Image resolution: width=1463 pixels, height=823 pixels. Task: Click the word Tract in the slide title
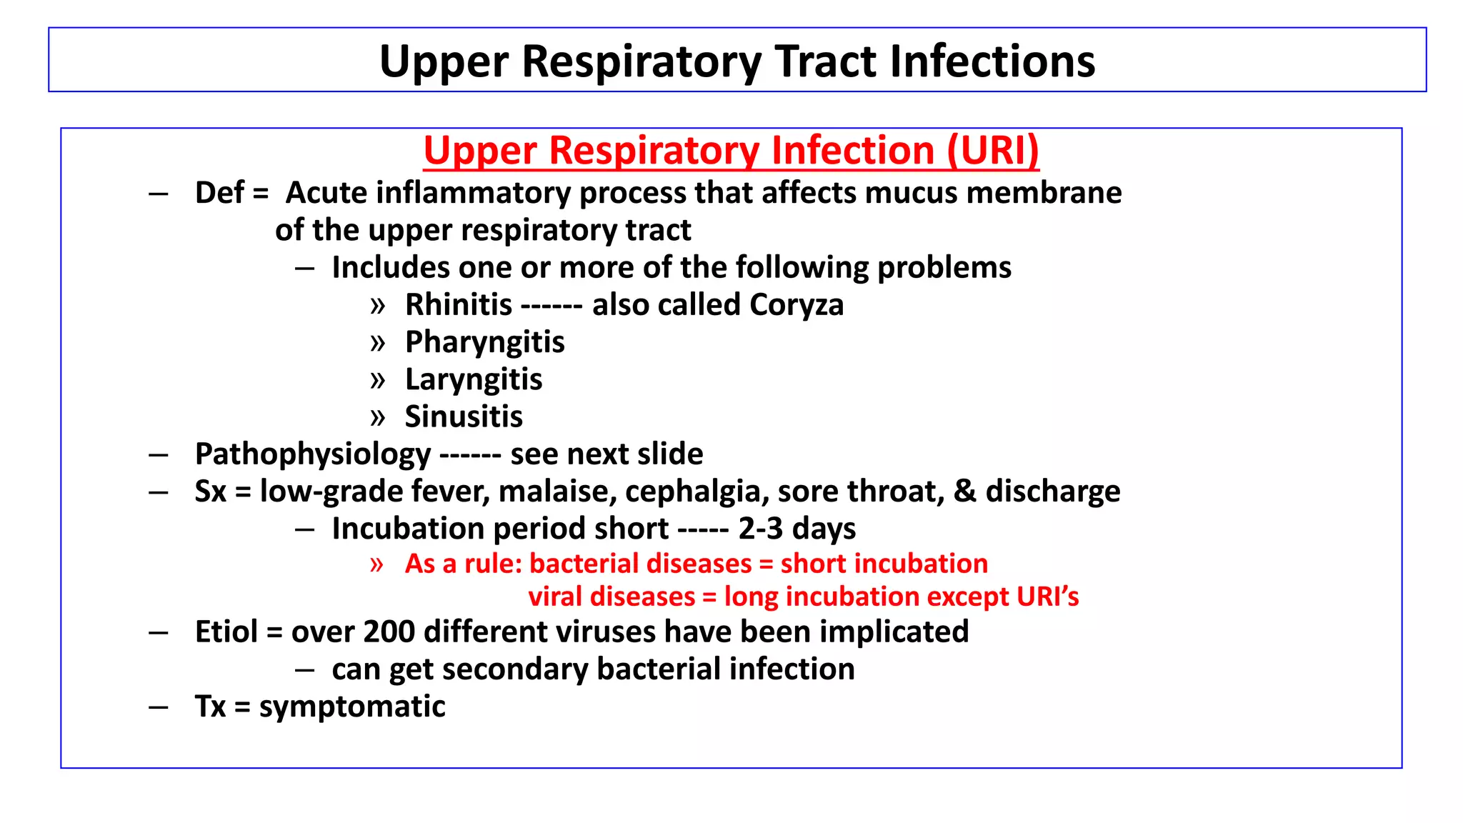(x=826, y=61)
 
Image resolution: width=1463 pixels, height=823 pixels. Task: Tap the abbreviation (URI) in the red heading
(x=992, y=151)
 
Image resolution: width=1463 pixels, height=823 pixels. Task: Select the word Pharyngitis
(x=484, y=343)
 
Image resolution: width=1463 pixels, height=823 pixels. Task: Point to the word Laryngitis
(x=474, y=380)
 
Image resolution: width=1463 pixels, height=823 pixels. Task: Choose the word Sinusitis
(x=464, y=417)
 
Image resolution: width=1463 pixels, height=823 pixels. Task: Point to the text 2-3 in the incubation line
(x=761, y=529)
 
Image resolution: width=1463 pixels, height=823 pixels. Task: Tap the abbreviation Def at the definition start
(x=219, y=194)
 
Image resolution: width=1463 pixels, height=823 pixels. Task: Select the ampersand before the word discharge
(x=964, y=492)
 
